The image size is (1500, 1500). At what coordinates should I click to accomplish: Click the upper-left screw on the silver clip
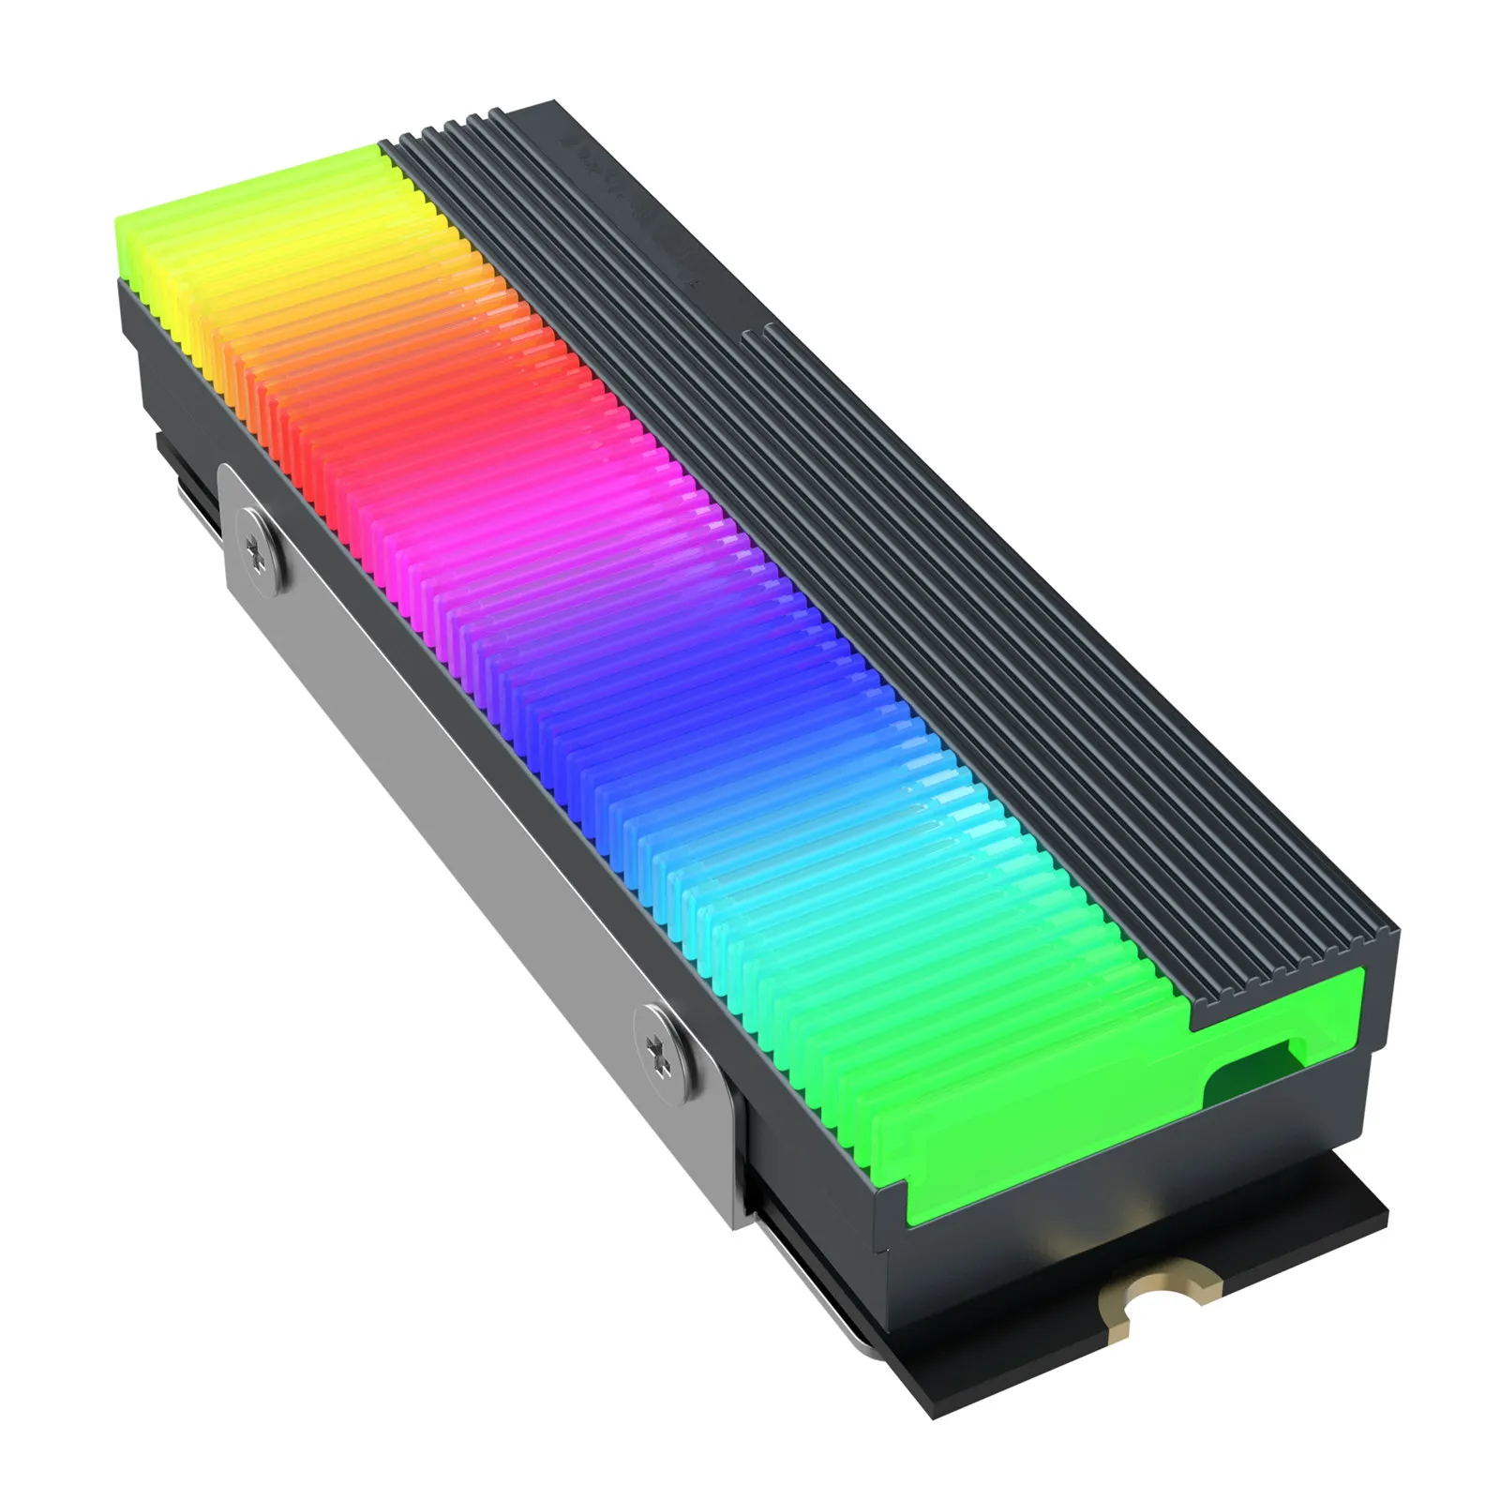259,546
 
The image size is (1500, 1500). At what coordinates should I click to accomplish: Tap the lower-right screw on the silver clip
665,1048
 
